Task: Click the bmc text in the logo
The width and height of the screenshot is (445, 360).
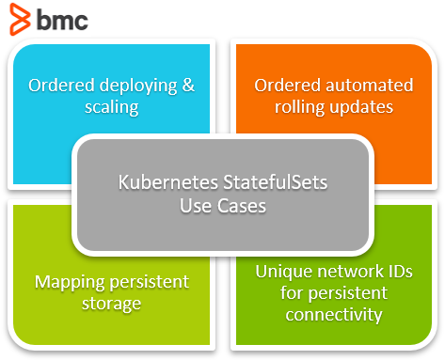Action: point(63,19)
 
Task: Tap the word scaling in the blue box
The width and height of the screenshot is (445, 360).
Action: point(111,107)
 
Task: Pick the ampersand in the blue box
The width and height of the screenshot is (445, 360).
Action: point(187,86)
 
